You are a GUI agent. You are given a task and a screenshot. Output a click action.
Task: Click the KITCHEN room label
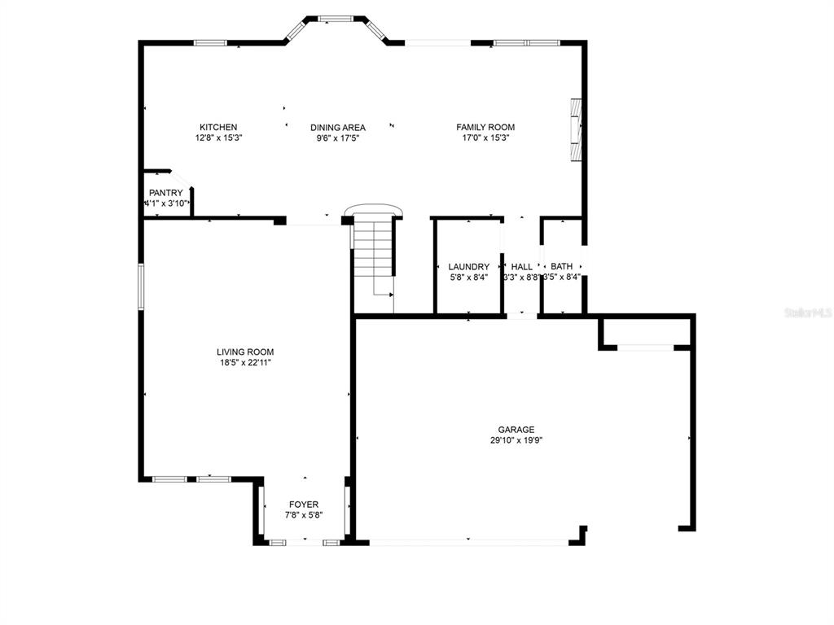pos(218,127)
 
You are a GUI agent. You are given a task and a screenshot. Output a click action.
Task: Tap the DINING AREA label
pos(337,127)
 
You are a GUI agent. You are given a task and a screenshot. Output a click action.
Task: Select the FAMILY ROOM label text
pos(485,127)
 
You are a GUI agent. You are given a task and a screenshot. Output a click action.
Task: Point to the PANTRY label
pos(166,193)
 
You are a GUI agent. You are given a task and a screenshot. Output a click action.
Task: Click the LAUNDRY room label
pos(469,267)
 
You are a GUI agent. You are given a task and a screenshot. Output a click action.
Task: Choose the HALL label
pos(521,267)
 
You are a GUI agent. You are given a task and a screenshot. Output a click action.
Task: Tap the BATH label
pos(562,267)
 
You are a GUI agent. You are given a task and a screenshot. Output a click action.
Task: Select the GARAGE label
pos(516,430)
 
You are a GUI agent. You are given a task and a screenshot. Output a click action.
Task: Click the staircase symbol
pos(375,260)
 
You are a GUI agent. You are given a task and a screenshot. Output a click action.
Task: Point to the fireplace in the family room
pos(577,130)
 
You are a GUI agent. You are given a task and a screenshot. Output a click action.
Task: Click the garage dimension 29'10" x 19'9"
pos(516,440)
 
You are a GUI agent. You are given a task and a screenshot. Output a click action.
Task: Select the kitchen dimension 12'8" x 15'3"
pos(218,138)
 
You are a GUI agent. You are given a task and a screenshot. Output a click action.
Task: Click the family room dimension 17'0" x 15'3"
pos(485,138)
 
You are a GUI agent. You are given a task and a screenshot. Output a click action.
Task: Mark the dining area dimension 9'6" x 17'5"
pos(337,138)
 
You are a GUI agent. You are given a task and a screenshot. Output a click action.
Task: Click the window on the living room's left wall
pos(140,286)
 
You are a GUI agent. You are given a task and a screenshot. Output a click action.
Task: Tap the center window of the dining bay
pos(334,18)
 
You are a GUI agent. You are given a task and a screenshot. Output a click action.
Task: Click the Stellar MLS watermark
pos(807,312)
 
